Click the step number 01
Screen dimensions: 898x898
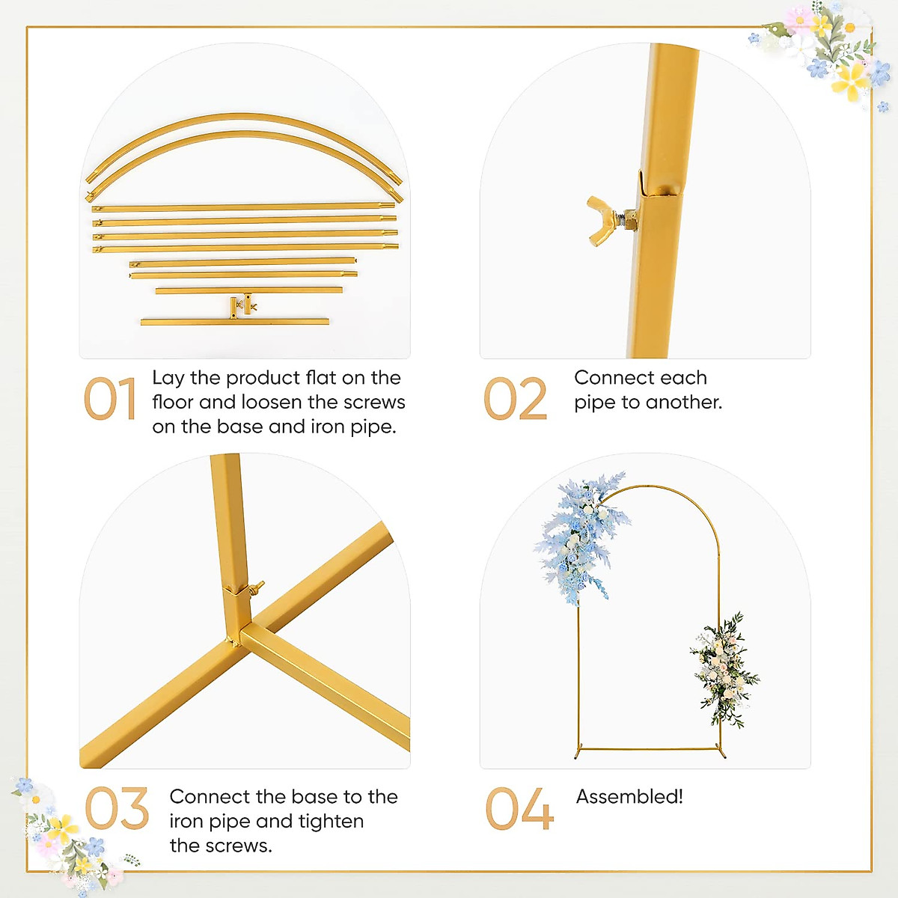[109, 400]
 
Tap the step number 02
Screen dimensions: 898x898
[516, 400]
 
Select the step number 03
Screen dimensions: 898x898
[117, 809]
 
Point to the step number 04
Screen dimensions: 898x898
[519, 809]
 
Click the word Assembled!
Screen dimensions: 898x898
[629, 797]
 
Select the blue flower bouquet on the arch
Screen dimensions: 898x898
[580, 535]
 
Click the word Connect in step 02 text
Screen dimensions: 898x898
[607, 378]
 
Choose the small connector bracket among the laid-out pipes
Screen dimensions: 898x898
[243, 305]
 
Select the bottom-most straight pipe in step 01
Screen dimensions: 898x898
[234, 322]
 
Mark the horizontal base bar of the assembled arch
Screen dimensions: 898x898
[651, 748]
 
